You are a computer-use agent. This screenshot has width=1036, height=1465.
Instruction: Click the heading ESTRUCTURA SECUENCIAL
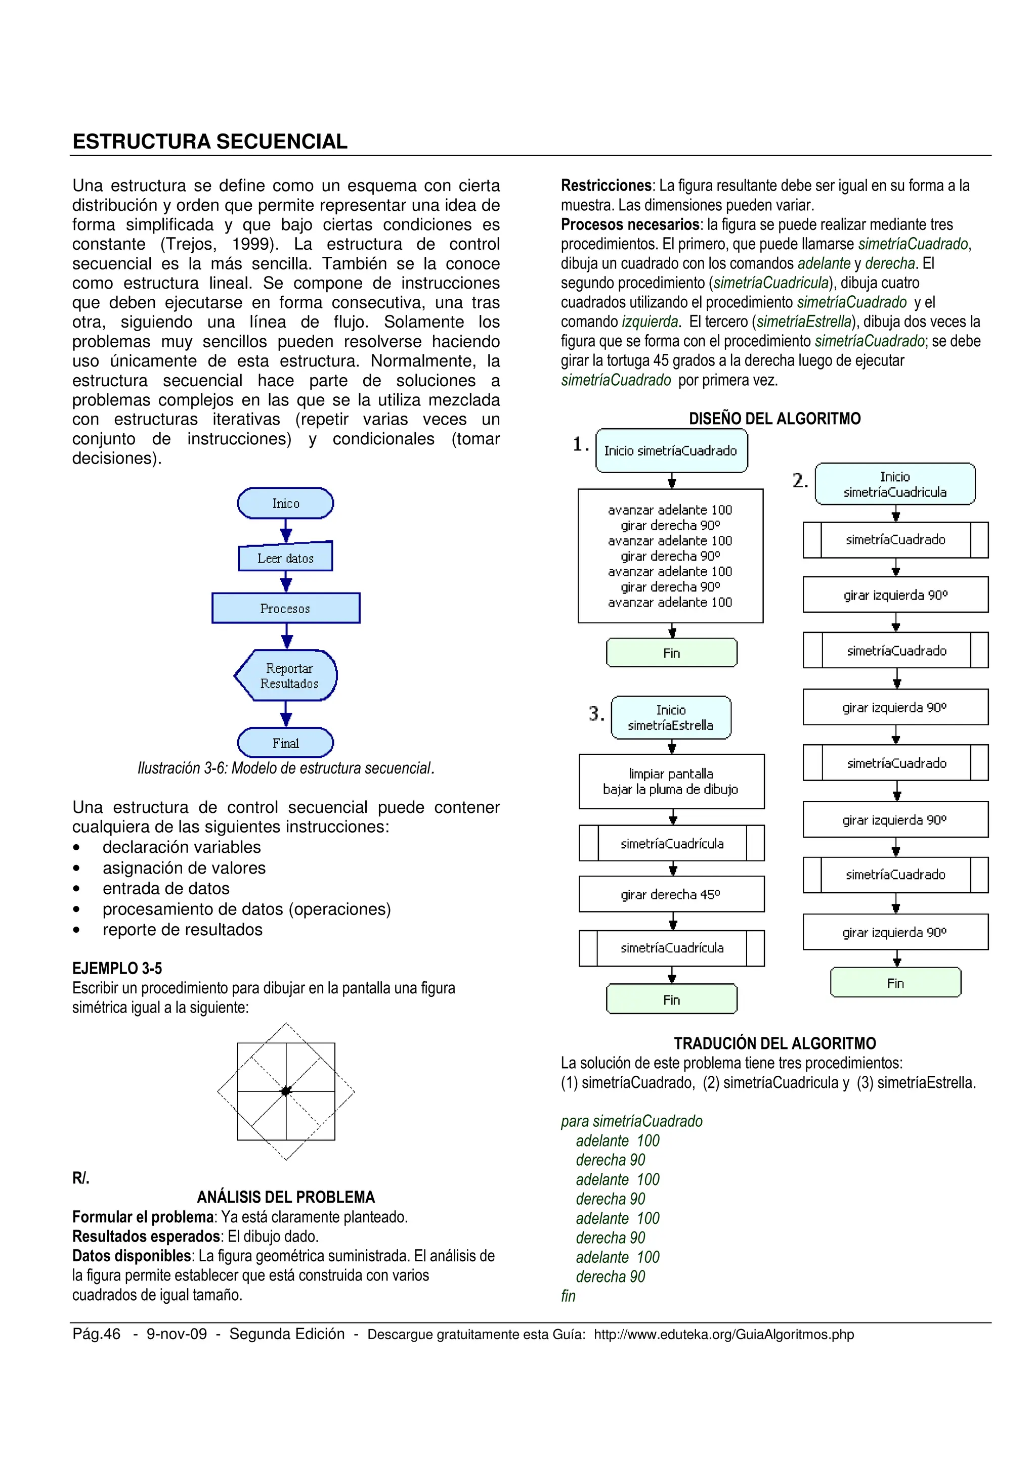coord(209,141)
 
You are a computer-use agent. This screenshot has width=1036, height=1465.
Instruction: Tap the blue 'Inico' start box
coord(285,503)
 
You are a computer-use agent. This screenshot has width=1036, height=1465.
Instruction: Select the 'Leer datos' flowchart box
coord(285,558)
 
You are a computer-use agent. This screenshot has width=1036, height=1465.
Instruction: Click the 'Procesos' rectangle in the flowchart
coord(285,608)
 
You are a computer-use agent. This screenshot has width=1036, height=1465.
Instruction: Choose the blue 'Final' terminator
coord(285,743)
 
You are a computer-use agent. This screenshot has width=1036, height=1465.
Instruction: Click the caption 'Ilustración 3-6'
coord(285,768)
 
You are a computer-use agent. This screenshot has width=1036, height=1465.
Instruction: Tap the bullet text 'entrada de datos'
coord(166,888)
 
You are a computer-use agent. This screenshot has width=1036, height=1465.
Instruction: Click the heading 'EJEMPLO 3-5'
coord(117,968)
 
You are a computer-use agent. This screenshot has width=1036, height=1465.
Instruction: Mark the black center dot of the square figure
coord(286,1091)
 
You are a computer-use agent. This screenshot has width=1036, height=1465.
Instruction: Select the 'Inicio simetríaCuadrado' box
coord(671,450)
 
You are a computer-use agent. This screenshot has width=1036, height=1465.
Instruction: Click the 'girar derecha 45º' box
coord(671,894)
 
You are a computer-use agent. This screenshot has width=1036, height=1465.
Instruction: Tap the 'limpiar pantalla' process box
coord(671,781)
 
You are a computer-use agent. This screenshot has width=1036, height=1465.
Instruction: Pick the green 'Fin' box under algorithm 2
coord(895,983)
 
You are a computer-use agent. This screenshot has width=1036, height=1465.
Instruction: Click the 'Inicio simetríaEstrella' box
coord(671,717)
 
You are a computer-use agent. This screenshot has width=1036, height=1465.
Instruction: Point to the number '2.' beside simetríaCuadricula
coord(800,480)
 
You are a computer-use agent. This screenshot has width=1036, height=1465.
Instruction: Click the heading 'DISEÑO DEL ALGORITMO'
coord(774,419)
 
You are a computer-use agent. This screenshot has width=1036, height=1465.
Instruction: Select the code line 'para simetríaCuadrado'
coord(631,1121)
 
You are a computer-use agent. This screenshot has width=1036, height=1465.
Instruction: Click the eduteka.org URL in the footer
coord(723,1334)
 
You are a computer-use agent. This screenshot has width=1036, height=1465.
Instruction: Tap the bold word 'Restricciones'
coord(606,186)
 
